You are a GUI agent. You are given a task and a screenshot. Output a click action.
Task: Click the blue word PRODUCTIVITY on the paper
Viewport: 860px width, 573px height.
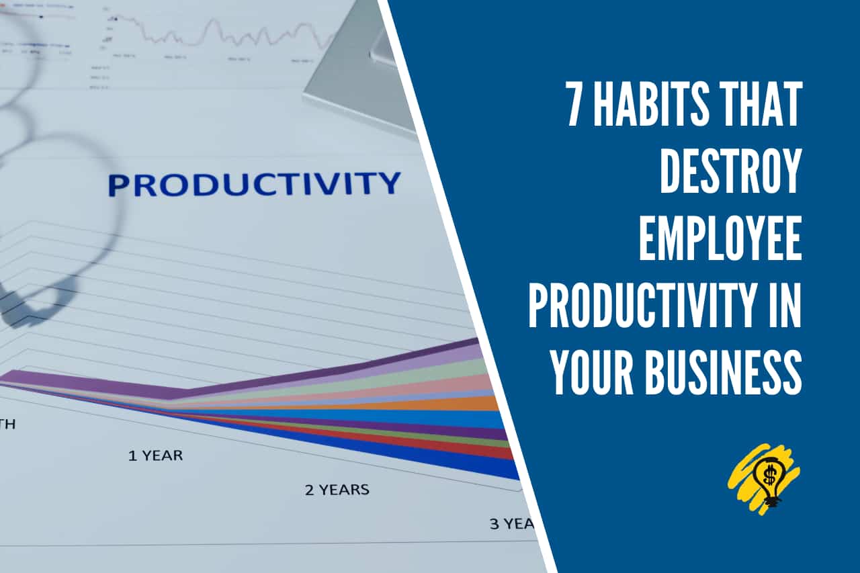pos(254,183)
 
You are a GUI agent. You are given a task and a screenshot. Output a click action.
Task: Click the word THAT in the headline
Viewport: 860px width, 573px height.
pos(765,105)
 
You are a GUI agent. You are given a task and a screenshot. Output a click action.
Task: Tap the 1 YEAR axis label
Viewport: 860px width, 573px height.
pos(155,455)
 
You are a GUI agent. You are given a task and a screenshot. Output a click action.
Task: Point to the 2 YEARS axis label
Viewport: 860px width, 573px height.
pos(337,489)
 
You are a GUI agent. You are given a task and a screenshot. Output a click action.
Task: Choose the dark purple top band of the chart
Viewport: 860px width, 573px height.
pos(403,363)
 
